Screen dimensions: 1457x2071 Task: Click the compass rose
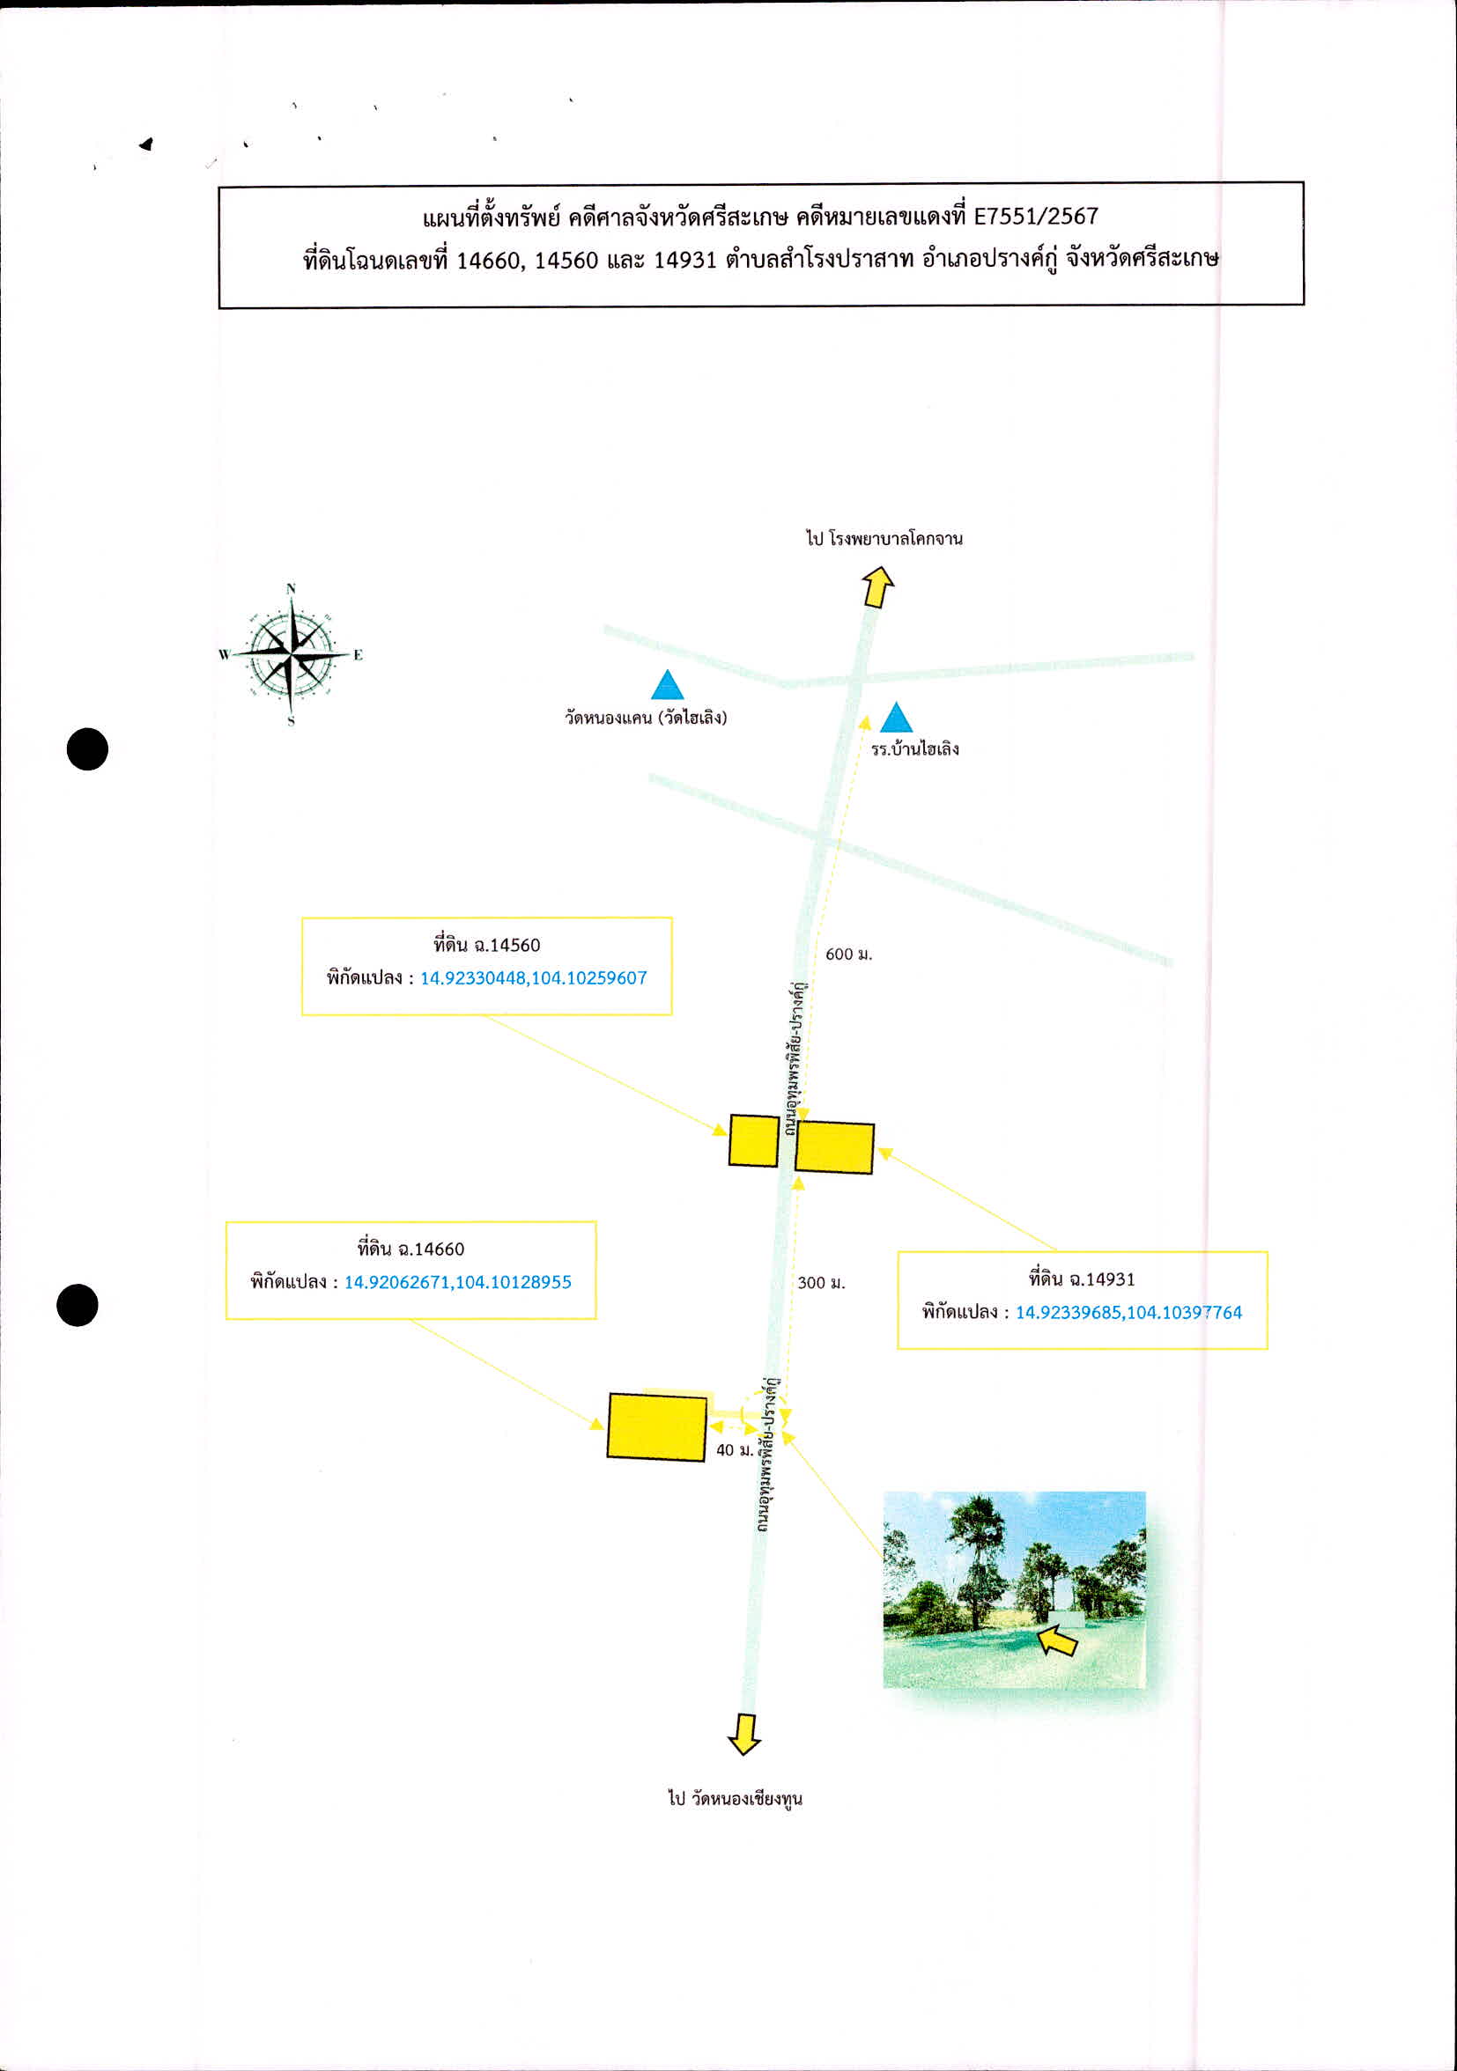click(x=291, y=654)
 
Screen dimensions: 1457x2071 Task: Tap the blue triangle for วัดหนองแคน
click(x=667, y=686)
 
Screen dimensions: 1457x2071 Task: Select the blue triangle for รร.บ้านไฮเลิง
click(x=895, y=718)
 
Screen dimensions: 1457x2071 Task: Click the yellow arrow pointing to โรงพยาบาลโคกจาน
click(x=877, y=587)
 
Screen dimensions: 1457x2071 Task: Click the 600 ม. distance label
click(x=849, y=954)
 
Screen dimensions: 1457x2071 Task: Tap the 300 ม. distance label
click(x=821, y=1283)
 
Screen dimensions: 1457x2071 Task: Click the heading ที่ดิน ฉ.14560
click(x=487, y=945)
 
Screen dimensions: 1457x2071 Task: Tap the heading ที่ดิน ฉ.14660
click(x=410, y=1249)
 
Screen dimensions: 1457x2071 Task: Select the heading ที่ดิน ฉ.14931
click(x=1082, y=1279)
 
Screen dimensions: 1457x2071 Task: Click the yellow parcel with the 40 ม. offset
click(x=656, y=1426)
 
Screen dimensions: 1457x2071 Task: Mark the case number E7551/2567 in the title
click(x=1037, y=217)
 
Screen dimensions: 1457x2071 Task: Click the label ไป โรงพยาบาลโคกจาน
click(x=884, y=539)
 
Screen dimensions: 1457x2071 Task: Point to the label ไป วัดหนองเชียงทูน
click(x=736, y=1799)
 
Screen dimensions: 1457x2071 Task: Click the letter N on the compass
click(x=291, y=589)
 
